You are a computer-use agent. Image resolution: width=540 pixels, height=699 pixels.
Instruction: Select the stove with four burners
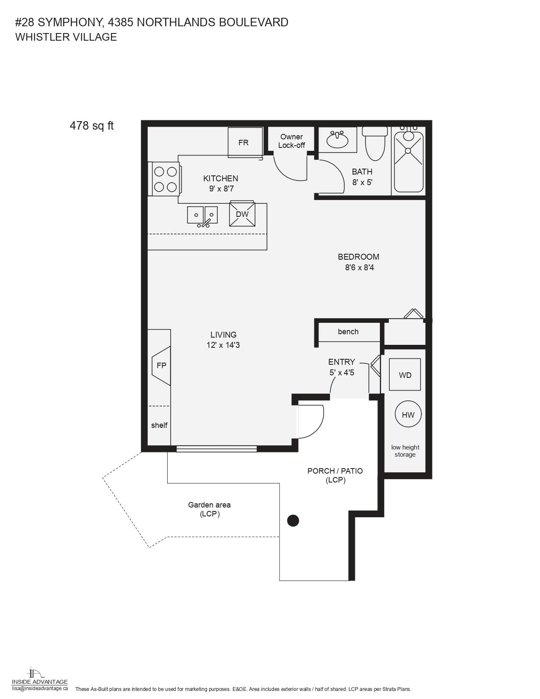pos(165,179)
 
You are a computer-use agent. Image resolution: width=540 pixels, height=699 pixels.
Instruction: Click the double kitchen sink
pos(202,216)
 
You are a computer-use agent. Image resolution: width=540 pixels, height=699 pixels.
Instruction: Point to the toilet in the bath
pos(375,144)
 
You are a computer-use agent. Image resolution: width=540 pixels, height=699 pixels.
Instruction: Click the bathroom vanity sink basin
pos(337,140)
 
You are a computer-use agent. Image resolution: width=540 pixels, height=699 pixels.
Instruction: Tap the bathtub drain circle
pos(408,150)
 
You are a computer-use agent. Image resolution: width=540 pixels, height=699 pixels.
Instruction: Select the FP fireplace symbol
pos(161,366)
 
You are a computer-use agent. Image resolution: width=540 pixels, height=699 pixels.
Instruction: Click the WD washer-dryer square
pos(405,374)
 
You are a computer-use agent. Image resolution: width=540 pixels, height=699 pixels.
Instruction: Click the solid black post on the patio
pos(293,520)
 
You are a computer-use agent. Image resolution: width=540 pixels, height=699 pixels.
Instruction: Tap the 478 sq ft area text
pos(91,125)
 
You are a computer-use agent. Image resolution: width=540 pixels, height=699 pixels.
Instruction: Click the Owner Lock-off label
pos(291,141)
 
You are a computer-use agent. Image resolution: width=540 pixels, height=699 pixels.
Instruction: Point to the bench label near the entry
pos(348,331)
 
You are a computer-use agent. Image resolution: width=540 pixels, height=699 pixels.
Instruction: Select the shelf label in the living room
pos(159,425)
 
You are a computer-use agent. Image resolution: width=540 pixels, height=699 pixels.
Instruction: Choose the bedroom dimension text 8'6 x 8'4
pos(360,267)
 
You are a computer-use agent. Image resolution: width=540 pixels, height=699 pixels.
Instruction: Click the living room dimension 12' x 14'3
pos(223,345)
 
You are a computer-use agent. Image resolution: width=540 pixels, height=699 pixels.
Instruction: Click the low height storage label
pos(405,451)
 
